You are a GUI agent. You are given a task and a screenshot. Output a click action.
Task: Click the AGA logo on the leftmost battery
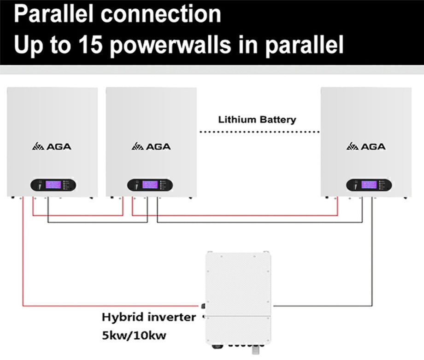pos(52,147)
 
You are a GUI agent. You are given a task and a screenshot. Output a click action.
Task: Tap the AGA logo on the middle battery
pos(151,147)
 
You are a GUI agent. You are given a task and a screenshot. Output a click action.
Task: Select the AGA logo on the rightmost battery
pos(366,147)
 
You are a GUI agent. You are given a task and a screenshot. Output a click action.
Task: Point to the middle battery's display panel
pos(150,185)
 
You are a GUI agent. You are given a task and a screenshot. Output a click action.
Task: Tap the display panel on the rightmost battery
pos(369,185)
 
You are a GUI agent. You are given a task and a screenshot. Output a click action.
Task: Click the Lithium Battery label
pos(257,120)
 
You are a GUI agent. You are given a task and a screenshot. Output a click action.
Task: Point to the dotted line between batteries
pos(259,132)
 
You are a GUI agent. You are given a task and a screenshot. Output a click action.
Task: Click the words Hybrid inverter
pos(148,317)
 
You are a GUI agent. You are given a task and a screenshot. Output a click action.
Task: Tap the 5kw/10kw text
pos(134,336)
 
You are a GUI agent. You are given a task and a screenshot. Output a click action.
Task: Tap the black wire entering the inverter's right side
pos(323,305)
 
